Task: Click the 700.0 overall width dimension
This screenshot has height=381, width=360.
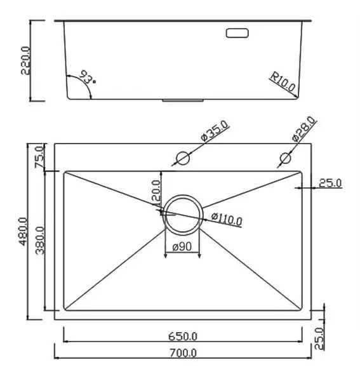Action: tap(183, 353)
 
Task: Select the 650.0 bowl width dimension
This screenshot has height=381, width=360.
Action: tap(183, 337)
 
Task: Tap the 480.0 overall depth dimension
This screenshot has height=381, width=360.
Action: tap(23, 231)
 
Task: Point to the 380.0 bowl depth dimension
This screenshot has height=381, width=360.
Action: tap(40, 241)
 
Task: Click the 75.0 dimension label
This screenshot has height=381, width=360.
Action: tap(39, 157)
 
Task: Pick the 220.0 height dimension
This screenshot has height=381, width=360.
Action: tap(25, 60)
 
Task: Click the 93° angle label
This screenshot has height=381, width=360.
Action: tap(87, 77)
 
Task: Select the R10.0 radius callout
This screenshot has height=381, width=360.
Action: tap(283, 82)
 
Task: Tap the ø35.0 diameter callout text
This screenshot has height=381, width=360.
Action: tap(215, 131)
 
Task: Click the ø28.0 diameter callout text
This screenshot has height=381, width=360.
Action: tap(303, 129)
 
